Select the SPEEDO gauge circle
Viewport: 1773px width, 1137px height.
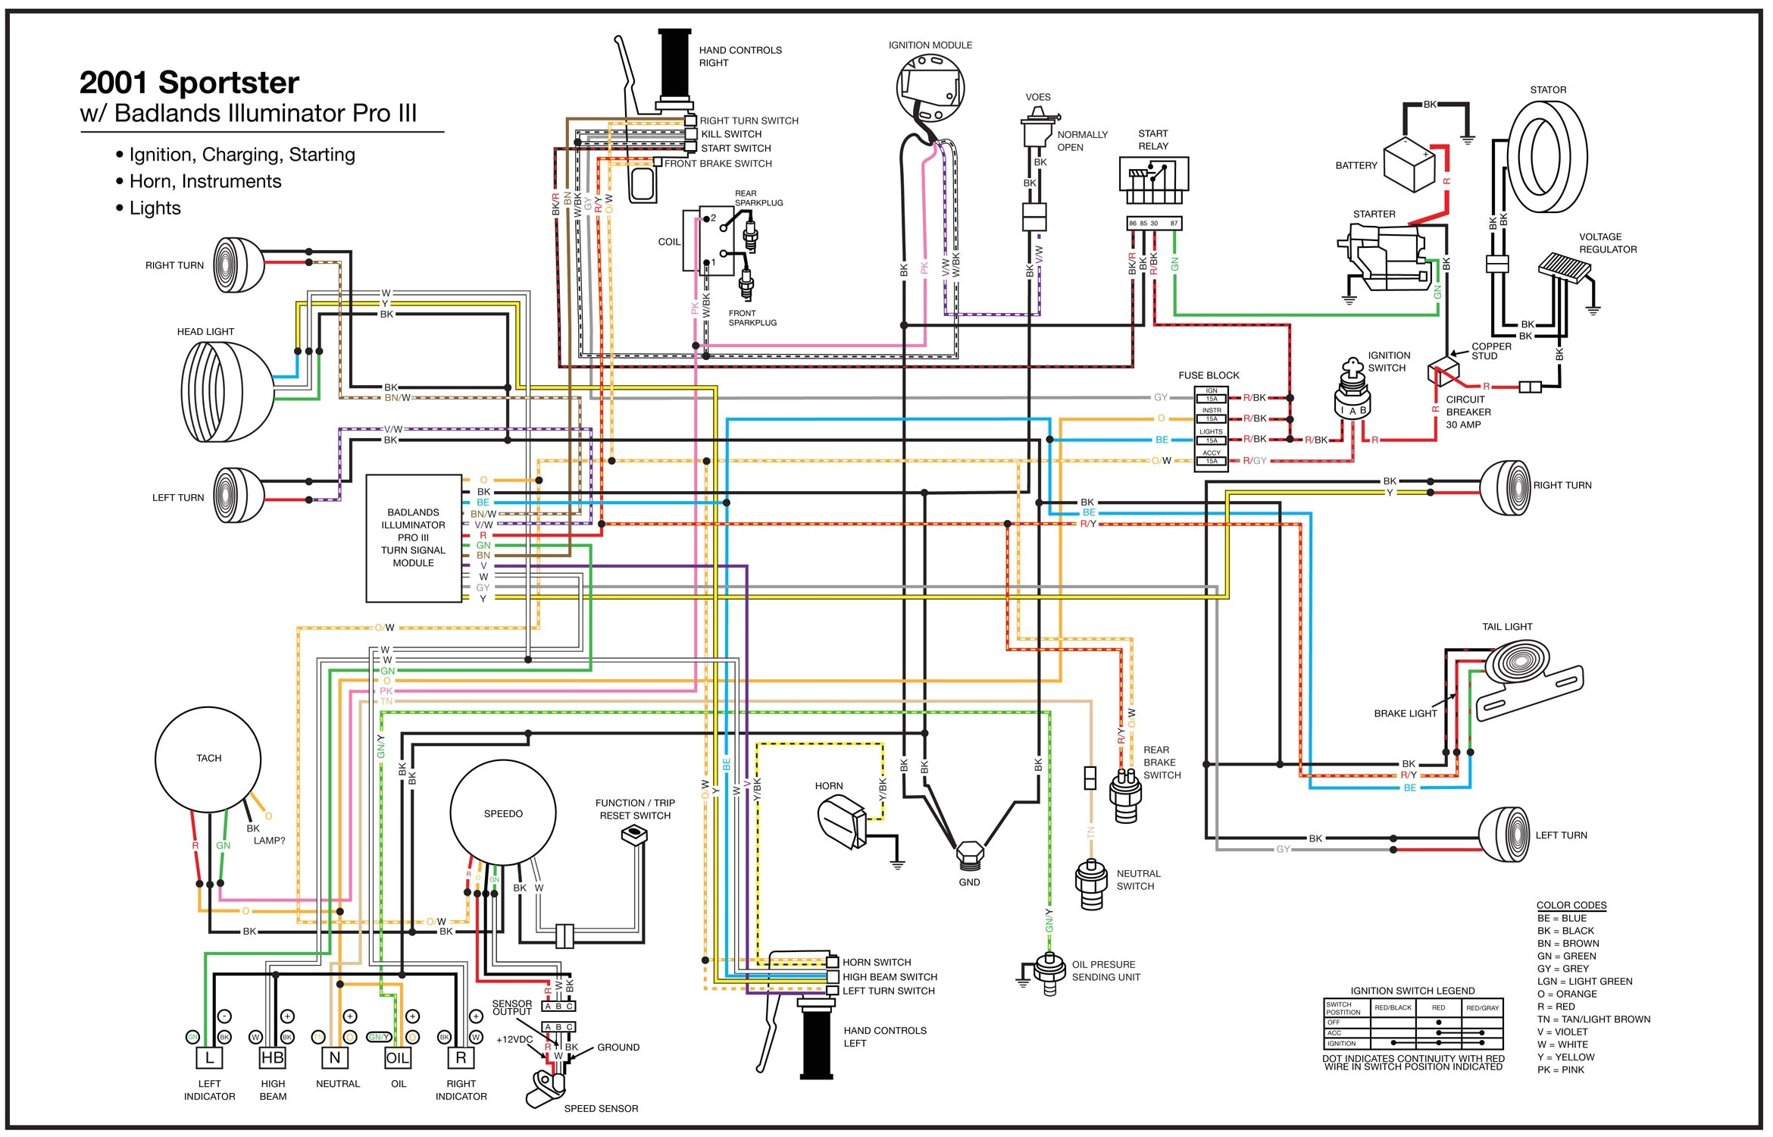point(503,813)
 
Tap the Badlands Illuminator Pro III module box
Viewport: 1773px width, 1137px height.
point(414,538)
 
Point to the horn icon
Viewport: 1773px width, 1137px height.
point(842,823)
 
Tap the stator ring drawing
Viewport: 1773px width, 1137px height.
point(1546,158)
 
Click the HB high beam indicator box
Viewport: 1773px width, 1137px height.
point(272,1057)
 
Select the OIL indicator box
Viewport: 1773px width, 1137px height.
point(398,1057)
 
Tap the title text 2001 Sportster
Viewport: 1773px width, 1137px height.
point(189,83)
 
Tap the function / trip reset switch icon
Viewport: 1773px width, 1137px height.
point(633,835)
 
